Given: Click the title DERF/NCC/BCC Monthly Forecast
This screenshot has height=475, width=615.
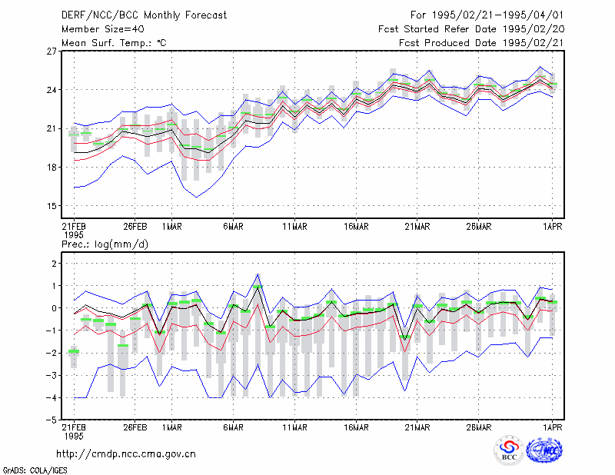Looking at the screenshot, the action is [144, 15].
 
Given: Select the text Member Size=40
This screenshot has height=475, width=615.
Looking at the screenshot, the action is [103, 29].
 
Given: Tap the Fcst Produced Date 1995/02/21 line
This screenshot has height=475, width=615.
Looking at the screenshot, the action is [481, 43].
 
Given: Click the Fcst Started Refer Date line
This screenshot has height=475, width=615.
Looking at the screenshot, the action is [471, 29].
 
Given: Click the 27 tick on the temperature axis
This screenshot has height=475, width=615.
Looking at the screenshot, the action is [52, 51].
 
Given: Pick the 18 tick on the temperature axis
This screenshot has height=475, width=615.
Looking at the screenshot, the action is [52, 168].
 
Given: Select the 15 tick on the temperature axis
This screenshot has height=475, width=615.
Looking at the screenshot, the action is [52, 206].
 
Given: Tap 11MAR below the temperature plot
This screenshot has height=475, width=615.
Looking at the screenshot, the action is [294, 227].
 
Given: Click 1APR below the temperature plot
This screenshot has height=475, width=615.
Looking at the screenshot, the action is [552, 227].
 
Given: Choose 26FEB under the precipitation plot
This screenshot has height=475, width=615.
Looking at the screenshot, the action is [135, 427].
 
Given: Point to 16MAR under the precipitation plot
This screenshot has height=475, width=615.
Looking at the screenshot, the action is [356, 427].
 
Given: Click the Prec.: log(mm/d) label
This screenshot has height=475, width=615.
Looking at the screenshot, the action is [105, 244].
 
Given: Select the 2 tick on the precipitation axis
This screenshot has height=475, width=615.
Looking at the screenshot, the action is [54, 263].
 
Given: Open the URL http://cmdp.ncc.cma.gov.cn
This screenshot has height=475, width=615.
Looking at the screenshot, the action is [126, 454].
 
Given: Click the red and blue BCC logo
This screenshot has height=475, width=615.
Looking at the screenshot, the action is [509, 450].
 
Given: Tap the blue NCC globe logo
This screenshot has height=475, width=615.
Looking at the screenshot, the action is [544, 450].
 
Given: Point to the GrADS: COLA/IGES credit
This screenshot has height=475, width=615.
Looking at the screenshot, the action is [35, 470].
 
